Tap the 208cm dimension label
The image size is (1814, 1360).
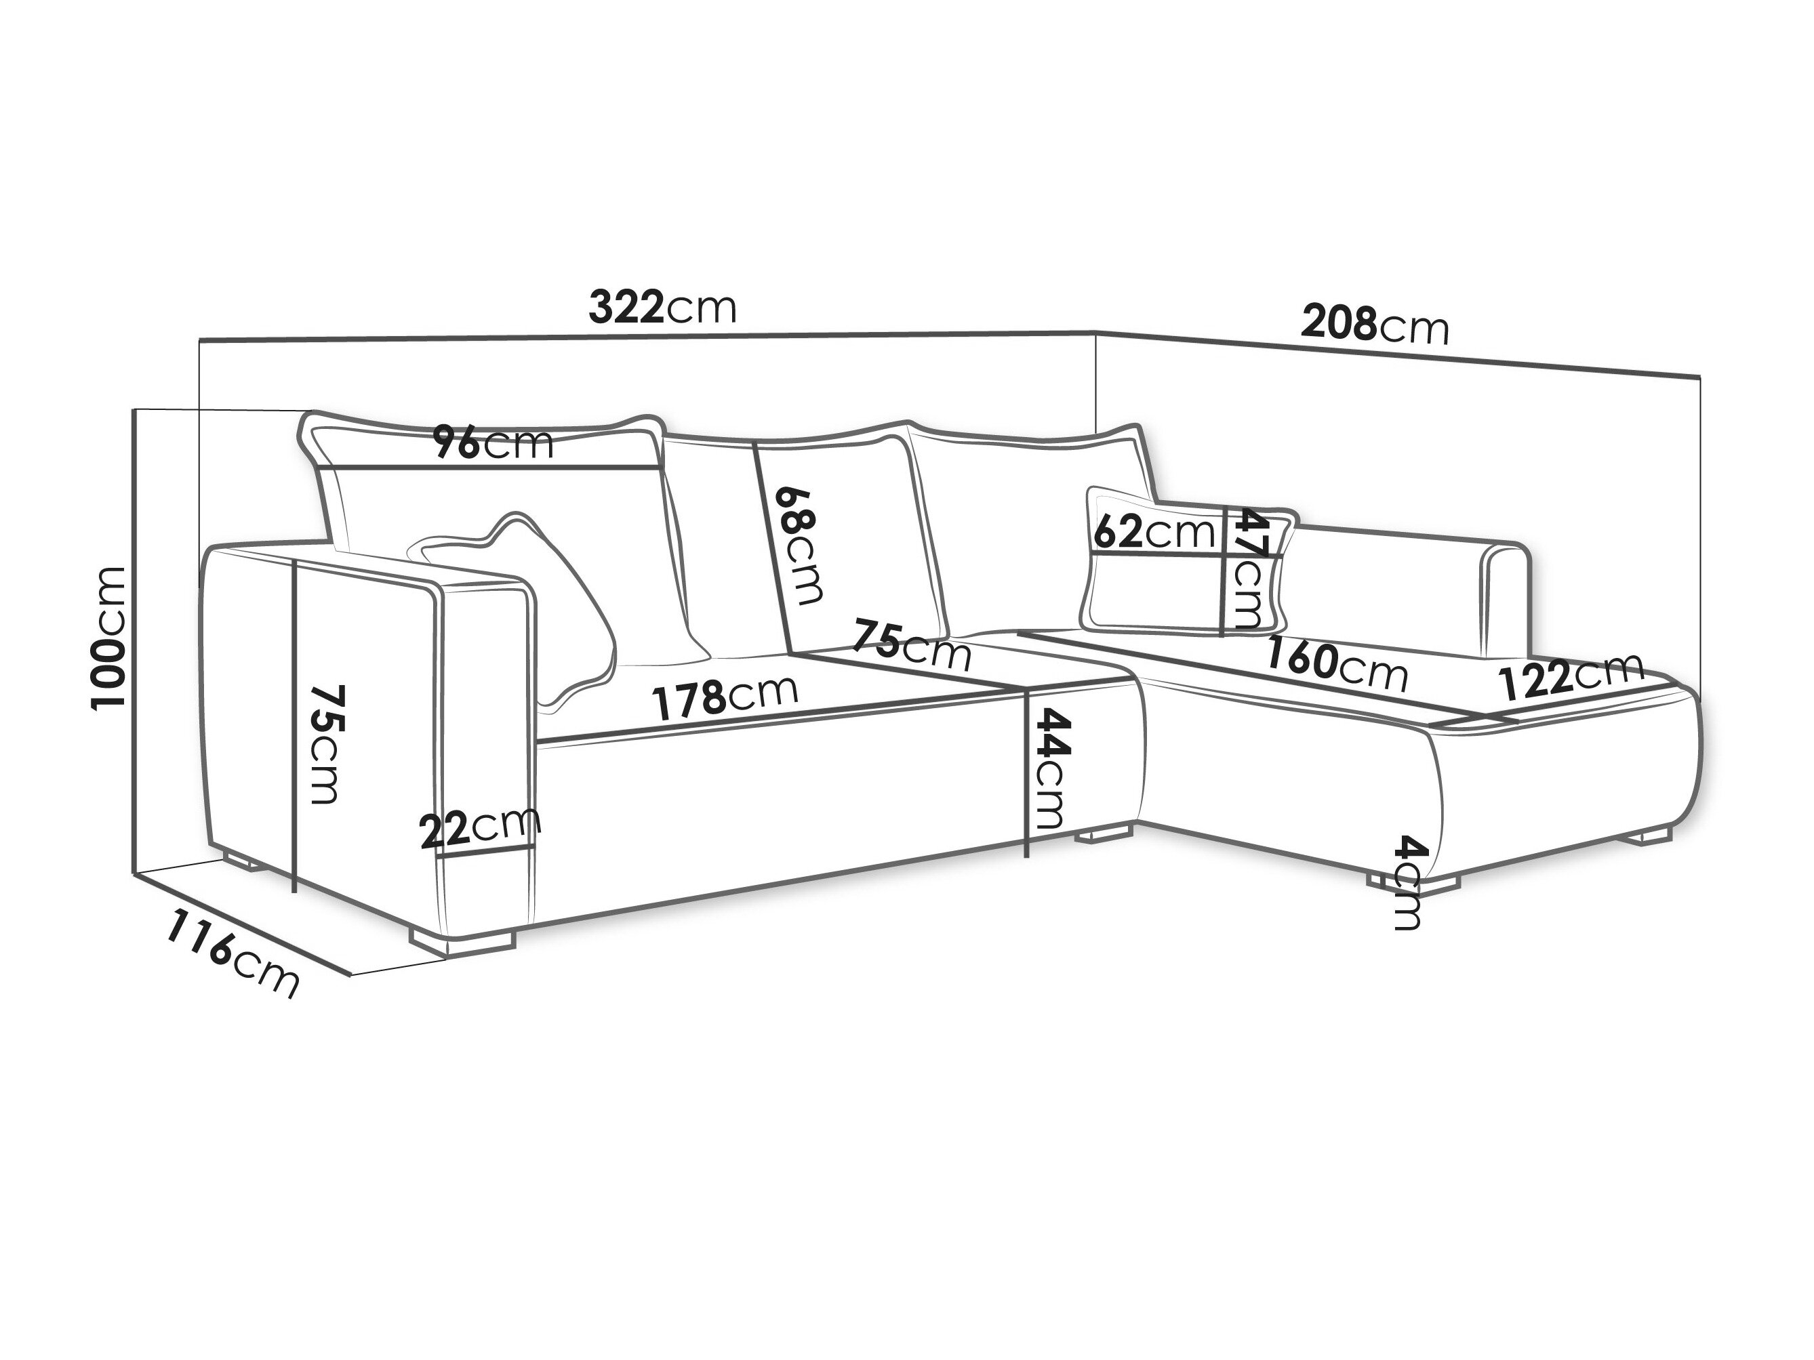(1375, 325)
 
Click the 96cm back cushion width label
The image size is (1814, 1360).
(493, 443)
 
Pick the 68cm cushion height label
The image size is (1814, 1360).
(799, 546)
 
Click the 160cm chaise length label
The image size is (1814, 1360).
(1337, 664)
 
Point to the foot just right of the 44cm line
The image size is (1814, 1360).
(1099, 837)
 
